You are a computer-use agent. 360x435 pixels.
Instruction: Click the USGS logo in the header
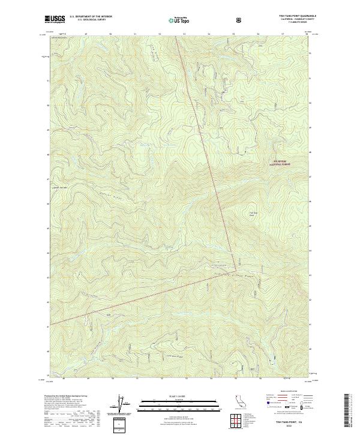coord(56,19)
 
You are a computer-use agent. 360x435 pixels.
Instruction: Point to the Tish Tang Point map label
coord(253,214)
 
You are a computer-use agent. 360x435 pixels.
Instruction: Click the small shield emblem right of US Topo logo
coord(241,20)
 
